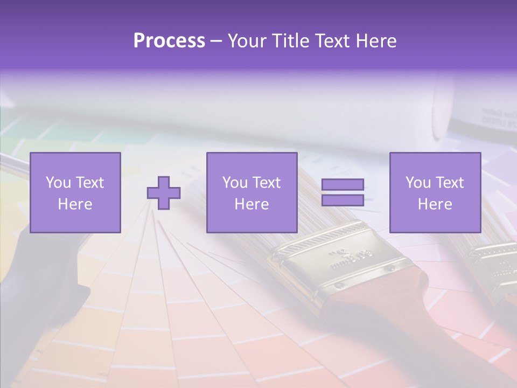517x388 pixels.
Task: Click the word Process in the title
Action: pos(169,41)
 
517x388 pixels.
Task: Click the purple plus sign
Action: pos(164,193)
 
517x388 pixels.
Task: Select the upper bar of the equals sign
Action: pos(343,185)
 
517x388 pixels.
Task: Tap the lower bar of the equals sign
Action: pos(343,200)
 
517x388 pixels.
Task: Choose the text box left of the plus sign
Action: pos(75,192)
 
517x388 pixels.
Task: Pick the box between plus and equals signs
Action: pos(251,192)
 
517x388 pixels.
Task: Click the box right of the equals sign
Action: pos(435,192)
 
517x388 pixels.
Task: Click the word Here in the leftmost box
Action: pos(75,204)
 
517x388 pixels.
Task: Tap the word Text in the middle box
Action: pos(267,183)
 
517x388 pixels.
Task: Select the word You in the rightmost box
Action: pos(418,183)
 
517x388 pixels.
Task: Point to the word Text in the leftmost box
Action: pos(90,183)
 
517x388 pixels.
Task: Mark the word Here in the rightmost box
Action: pos(435,204)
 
